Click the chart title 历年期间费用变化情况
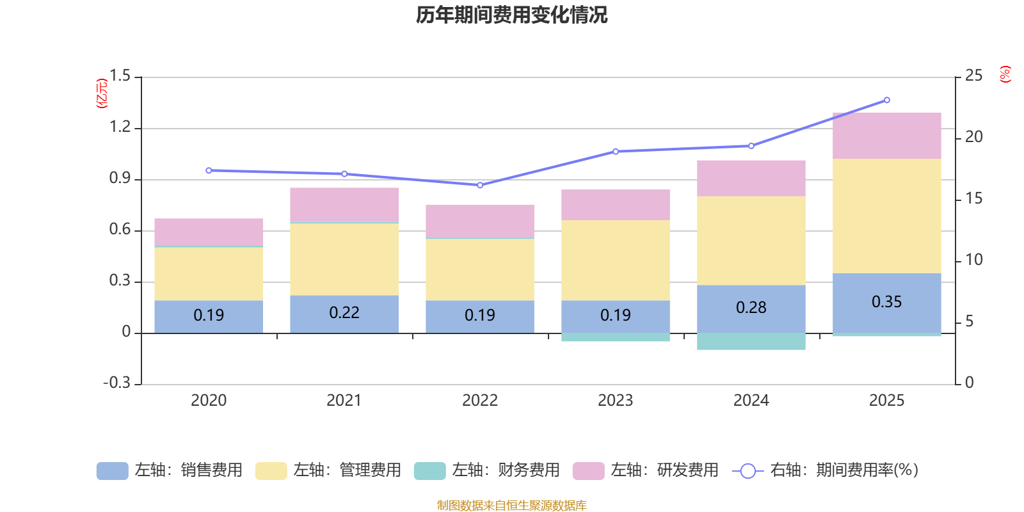[511, 15]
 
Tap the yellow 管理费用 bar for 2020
[209, 273]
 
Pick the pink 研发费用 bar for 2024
[751, 178]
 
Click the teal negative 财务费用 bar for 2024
[751, 341]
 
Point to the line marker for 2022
[480, 185]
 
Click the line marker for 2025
[886, 100]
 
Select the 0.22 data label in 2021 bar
[344, 313]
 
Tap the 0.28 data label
[751, 308]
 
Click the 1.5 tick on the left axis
[120, 76]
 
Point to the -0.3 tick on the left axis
[116, 383]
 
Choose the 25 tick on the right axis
[973, 76]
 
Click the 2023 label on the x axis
[615, 401]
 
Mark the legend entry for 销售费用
[170, 470]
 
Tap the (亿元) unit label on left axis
[101, 93]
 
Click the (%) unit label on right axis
[1005, 74]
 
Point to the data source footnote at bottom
[511, 506]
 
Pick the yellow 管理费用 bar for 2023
[615, 260]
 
